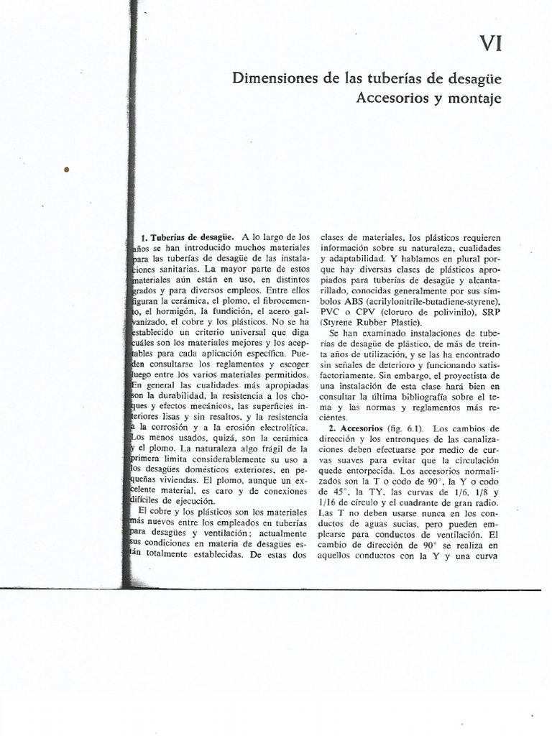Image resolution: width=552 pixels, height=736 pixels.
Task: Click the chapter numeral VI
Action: pyautogui.click(x=490, y=45)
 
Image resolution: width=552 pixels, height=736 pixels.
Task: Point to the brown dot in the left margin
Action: pyautogui.click(x=67, y=170)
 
